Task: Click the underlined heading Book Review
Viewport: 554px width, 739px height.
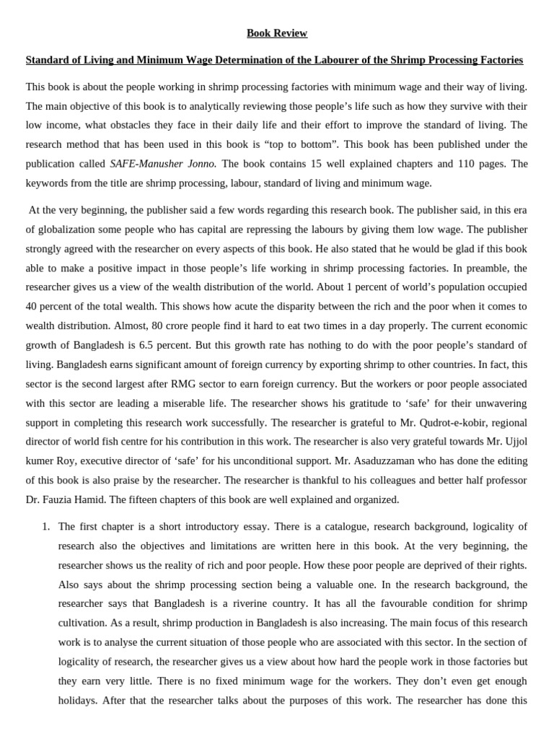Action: click(277, 33)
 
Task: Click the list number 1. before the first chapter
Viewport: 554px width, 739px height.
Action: click(45, 526)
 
